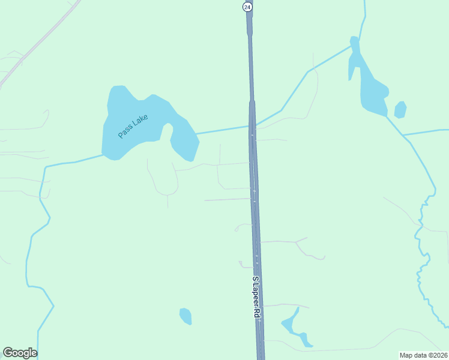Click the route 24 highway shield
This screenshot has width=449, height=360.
(247, 7)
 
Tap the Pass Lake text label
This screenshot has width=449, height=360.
(133, 126)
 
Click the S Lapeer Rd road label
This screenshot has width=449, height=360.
(257, 298)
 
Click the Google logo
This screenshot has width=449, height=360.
(20, 353)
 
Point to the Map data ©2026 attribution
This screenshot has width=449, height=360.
(423, 355)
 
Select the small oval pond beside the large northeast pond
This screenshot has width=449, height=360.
(400, 110)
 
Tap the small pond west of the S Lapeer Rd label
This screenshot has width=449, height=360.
(185, 316)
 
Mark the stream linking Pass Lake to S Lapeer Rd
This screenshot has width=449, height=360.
(222, 130)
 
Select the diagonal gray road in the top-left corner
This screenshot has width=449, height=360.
(36, 45)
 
